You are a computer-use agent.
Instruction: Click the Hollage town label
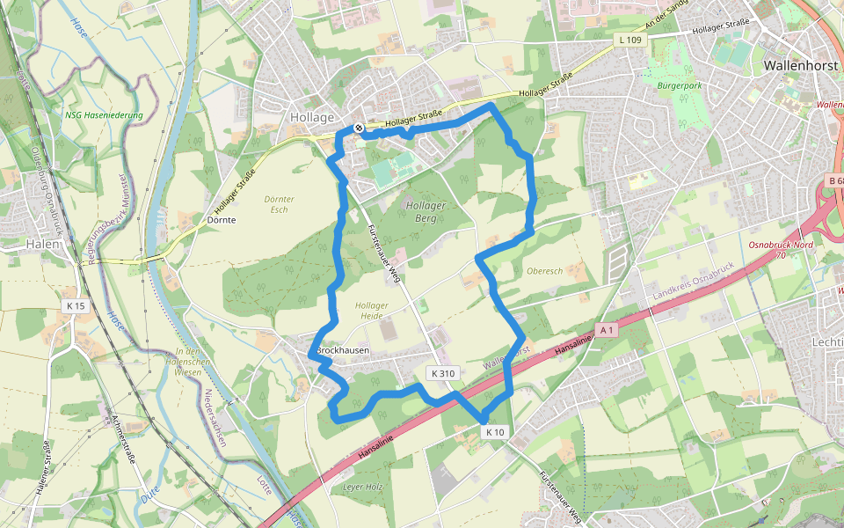coord(312,117)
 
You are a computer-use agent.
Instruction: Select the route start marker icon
coord(359,128)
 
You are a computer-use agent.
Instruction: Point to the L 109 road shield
coord(629,40)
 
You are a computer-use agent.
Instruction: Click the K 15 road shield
coord(76,305)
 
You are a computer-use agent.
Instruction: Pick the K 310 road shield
coord(443,373)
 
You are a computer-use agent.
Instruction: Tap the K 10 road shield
coord(495,431)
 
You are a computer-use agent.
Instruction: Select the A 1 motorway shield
coord(605,329)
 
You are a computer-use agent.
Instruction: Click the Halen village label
coord(43,244)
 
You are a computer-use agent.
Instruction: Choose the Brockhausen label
coord(341,350)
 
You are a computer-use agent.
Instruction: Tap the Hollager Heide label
coord(371,310)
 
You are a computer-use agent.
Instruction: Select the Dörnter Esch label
coord(279,204)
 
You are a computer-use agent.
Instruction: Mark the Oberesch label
coord(545,271)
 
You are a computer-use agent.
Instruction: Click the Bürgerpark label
coord(679,86)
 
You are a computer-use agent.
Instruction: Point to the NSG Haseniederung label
coord(103,114)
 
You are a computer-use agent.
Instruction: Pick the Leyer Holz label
coord(364,486)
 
